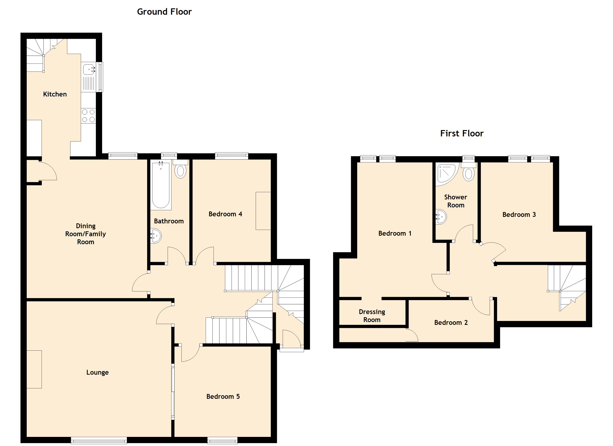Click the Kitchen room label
tap(55, 94)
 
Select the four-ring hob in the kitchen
tap(88, 116)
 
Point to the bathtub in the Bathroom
tap(161, 185)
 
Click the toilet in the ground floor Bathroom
tap(180, 170)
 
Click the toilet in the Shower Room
tap(469, 173)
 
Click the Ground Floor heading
tap(164, 12)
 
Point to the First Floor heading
tap(462, 133)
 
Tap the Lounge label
tap(97, 372)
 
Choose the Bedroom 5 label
tap(223, 397)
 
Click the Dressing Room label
tap(372, 316)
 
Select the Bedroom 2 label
tap(451, 322)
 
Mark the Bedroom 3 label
tap(519, 214)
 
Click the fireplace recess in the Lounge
tap(34, 369)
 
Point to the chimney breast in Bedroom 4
tap(263, 211)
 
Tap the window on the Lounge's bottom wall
tap(99, 440)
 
